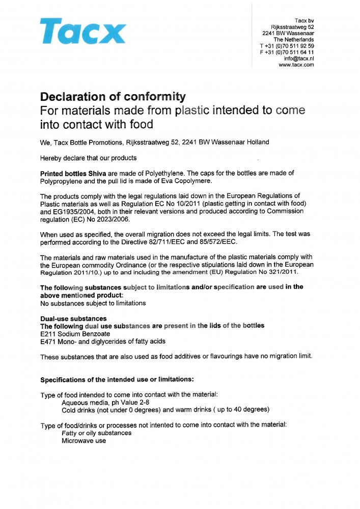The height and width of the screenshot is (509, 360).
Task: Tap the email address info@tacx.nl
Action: click(299, 59)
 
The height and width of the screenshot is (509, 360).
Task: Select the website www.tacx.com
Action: click(296, 65)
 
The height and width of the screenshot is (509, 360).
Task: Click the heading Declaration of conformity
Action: click(113, 97)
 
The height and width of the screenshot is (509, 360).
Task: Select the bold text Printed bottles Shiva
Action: click(73, 174)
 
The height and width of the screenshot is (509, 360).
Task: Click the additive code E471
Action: click(48, 341)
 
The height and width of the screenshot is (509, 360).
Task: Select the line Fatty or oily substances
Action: click(96, 433)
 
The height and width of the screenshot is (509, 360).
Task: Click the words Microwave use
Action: click(84, 440)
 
